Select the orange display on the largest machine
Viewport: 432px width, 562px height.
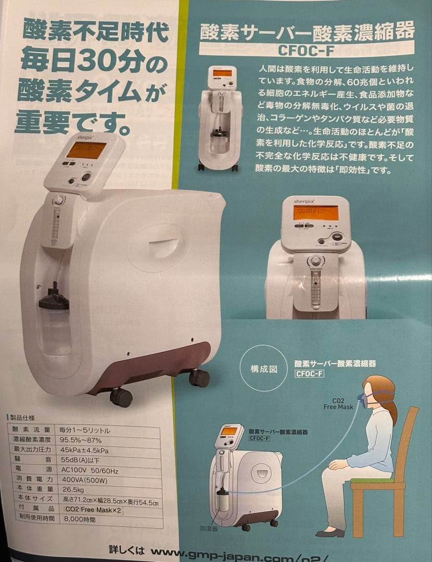click(x=86, y=151)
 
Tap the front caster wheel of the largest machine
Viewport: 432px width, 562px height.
click(x=121, y=397)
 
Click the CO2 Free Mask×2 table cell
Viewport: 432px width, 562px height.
click(x=93, y=510)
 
